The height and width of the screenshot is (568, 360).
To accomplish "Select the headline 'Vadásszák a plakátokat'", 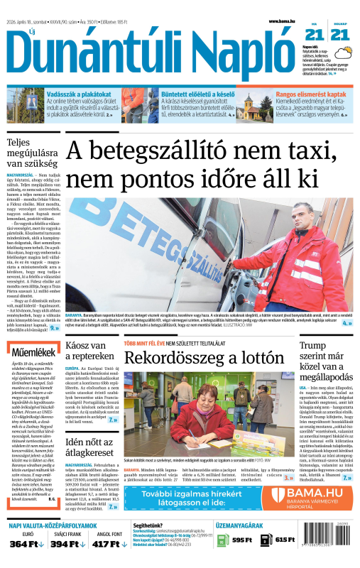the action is [x=75, y=94].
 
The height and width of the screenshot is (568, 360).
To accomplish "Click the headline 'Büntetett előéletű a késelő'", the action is [x=190, y=94].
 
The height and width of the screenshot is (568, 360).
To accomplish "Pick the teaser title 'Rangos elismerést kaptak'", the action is [x=311, y=94].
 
